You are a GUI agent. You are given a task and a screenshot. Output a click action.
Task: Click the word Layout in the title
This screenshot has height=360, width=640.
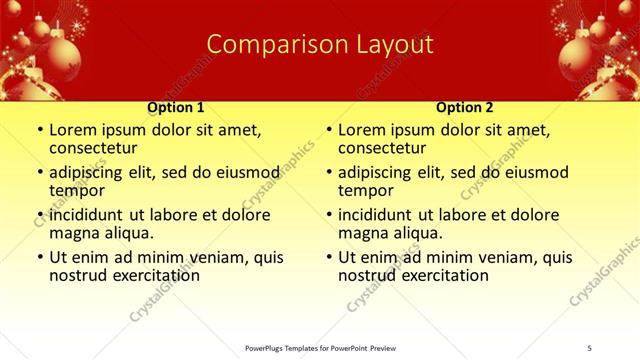coord(391,44)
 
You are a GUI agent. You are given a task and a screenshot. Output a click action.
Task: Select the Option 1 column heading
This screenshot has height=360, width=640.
coord(176,106)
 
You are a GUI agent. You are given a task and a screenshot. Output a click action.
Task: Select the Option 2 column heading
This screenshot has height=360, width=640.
coord(465,106)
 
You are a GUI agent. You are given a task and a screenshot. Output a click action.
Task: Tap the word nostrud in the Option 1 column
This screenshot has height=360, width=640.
coord(78,274)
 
